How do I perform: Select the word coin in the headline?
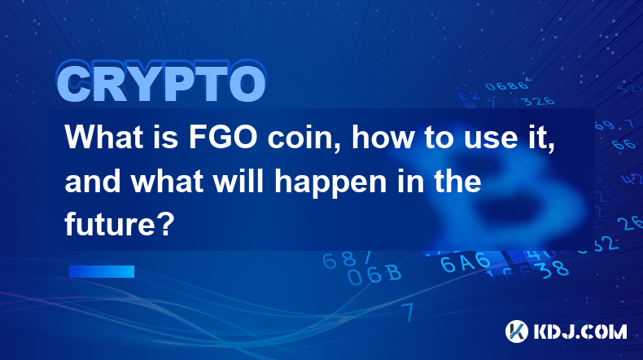coord(304,138)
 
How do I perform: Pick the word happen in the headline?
coord(330,183)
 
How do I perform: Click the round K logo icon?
coord(517,331)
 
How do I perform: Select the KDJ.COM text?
coord(580,331)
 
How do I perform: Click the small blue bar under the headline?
coord(101,271)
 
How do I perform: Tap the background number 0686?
coord(507,85)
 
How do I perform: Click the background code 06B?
coord(374,274)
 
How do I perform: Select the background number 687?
coord(346,260)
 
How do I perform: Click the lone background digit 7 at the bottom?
coord(408,312)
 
